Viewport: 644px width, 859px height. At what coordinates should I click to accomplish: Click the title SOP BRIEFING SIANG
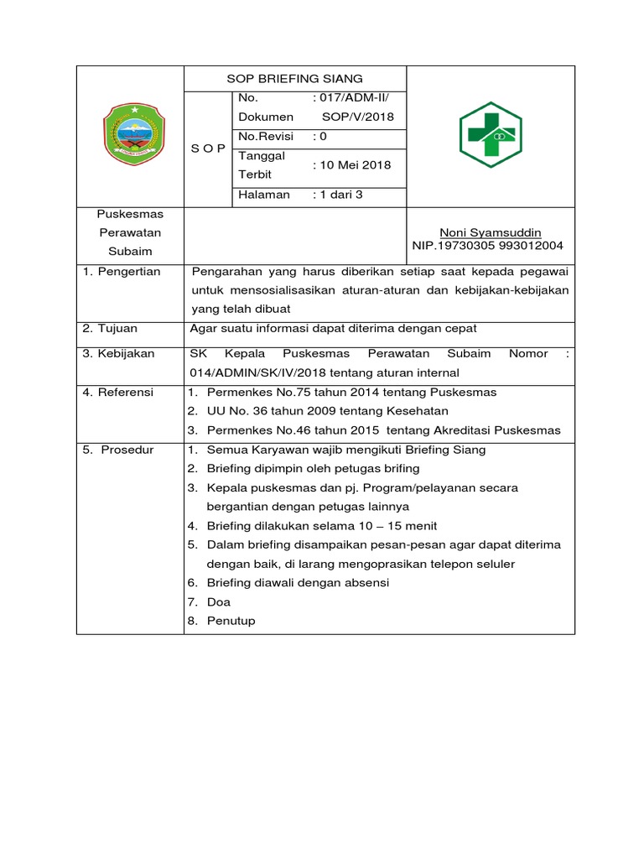pyautogui.click(x=294, y=79)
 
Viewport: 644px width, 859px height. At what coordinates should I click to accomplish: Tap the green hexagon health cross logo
pyautogui.click(x=491, y=136)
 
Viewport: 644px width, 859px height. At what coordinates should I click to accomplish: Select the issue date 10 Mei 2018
pyautogui.click(x=351, y=165)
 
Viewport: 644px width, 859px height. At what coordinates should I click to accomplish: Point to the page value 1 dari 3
pyautogui.click(x=337, y=195)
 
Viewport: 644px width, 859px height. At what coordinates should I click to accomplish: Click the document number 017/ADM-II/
pyautogui.click(x=351, y=98)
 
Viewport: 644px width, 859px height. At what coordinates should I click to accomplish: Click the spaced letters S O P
pyautogui.click(x=207, y=148)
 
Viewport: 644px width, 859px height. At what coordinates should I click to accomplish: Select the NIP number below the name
pyautogui.click(x=488, y=246)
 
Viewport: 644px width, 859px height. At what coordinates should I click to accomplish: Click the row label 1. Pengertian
pyautogui.click(x=122, y=272)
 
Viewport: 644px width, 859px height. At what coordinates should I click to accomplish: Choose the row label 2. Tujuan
pyautogui.click(x=111, y=329)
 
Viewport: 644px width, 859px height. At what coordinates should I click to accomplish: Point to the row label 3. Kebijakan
pyautogui.click(x=119, y=354)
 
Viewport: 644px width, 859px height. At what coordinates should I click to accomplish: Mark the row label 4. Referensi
pyautogui.click(x=118, y=393)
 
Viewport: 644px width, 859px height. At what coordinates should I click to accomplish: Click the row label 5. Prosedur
pyautogui.click(x=118, y=450)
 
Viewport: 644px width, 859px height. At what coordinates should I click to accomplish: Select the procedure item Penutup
pyautogui.click(x=231, y=622)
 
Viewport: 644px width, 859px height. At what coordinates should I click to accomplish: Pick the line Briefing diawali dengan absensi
pyautogui.click(x=298, y=583)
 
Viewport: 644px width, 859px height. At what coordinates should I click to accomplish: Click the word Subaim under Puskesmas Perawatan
pyautogui.click(x=130, y=252)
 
